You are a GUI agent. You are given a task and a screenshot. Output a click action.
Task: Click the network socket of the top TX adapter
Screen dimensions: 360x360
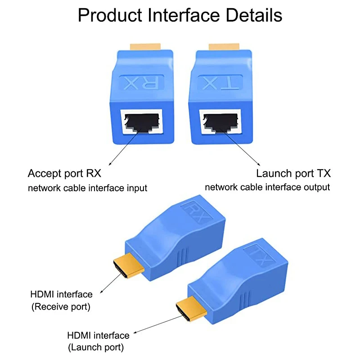pos(220,121)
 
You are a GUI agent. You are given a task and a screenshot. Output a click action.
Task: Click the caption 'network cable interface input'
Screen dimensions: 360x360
pos(88,188)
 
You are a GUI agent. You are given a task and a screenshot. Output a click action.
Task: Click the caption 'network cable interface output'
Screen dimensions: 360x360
pos(268,187)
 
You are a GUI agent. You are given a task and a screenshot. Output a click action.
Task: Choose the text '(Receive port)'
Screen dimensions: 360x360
pos(60,307)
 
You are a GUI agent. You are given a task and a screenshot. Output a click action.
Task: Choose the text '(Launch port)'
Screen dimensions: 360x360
pos(96,347)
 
